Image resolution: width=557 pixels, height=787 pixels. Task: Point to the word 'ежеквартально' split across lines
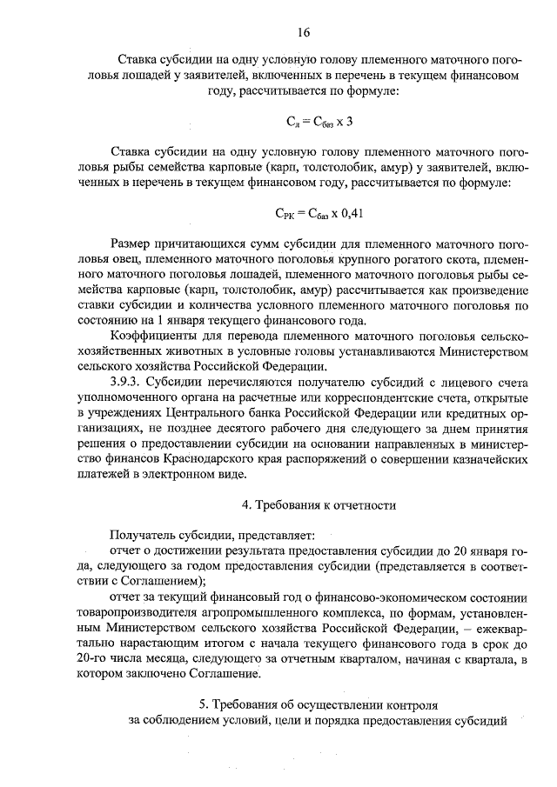point(498,629)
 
